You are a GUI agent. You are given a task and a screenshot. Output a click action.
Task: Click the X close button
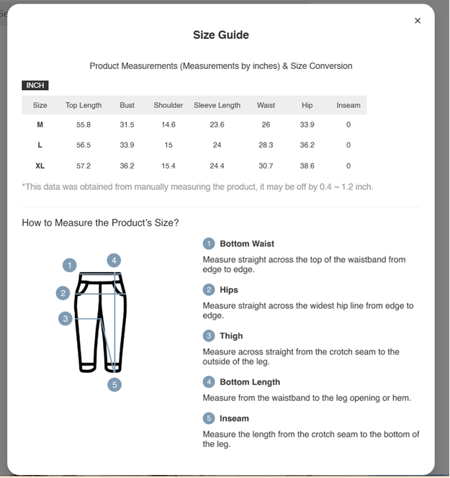(418, 21)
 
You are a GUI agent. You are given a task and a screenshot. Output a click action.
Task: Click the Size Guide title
(221, 35)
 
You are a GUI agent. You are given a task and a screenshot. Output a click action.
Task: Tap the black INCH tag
(35, 85)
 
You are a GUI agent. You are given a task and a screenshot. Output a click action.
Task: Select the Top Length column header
(84, 105)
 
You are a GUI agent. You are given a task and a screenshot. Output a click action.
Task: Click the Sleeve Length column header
(217, 105)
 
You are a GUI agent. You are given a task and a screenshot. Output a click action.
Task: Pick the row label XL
(40, 166)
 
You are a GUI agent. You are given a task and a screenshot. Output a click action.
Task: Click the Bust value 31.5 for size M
(127, 125)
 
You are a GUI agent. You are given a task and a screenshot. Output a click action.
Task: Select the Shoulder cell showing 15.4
(168, 166)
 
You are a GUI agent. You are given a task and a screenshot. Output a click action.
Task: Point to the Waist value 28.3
(266, 145)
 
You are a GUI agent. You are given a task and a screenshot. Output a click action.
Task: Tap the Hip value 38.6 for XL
(307, 166)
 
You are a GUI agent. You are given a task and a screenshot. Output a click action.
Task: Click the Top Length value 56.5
(84, 145)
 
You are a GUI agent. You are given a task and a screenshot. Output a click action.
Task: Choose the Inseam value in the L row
(348, 145)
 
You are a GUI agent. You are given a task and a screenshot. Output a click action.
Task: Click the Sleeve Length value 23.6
(217, 125)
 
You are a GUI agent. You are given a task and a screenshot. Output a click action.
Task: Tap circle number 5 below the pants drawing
(114, 384)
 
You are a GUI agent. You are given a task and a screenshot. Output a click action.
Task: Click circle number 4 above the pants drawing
(114, 261)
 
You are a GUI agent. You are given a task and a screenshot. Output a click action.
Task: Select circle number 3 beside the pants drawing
(66, 318)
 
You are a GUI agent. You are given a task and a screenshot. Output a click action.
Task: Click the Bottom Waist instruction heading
(247, 244)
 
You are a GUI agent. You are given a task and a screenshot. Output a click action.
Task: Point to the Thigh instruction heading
(231, 336)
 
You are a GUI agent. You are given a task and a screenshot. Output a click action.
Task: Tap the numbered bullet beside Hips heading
(209, 290)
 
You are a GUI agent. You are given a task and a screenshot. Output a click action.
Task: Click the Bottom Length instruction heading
(250, 382)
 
